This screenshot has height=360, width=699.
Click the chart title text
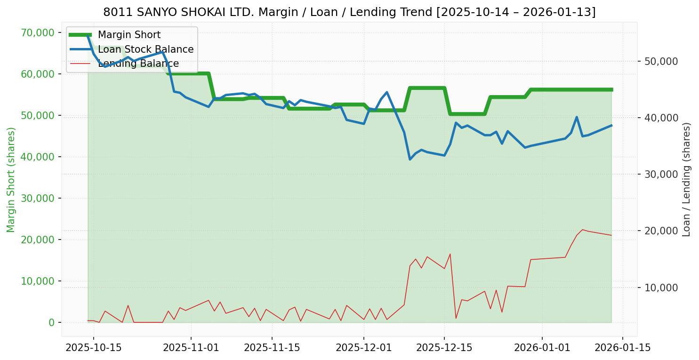pyautogui.click(x=349, y=12)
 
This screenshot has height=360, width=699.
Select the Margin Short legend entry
pyautogui.click(x=129, y=35)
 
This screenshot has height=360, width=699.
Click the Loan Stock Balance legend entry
pyautogui.click(x=145, y=49)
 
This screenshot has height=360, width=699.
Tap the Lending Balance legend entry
pyautogui.click(x=138, y=64)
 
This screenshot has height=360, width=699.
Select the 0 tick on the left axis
pyautogui.click(x=52, y=322)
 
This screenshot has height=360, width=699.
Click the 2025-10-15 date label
pyautogui.click(x=93, y=348)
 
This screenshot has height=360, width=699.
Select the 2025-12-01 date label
pyautogui.click(x=363, y=348)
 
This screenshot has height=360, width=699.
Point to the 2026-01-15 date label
pyautogui.click(x=623, y=348)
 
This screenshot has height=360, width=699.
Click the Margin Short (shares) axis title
pyautogui.click(x=11, y=180)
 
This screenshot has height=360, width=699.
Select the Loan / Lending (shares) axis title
pyautogui.click(x=687, y=179)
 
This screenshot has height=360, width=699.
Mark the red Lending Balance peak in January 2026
pyautogui.click(x=582, y=230)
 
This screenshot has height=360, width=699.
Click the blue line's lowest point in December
pyautogui.click(x=410, y=160)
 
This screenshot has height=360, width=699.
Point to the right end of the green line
pyautogui.click(x=611, y=89)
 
